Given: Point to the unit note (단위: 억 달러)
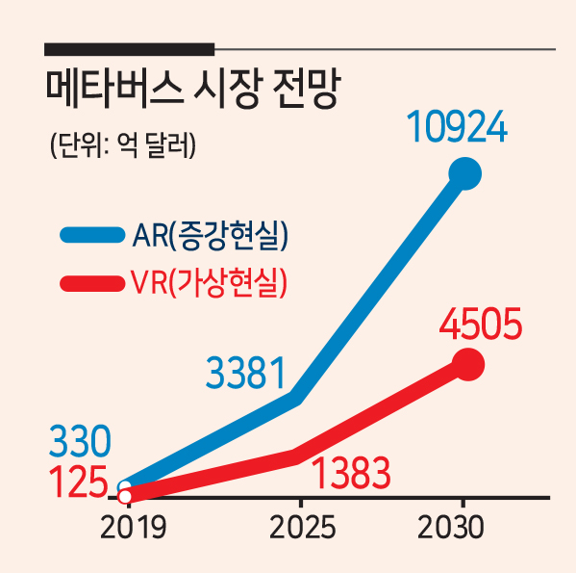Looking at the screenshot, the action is [123, 144].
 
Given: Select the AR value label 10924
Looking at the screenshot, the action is [457, 127].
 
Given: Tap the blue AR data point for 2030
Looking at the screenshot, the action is [465, 173].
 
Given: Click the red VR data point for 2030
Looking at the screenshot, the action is [468, 364].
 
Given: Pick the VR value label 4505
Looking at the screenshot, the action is [481, 324].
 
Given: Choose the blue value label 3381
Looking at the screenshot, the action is [245, 373].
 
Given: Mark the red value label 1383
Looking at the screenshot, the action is [350, 473].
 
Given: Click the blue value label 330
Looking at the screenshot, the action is [80, 441].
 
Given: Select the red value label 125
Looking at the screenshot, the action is [78, 482].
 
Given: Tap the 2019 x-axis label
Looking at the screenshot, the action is [133, 527].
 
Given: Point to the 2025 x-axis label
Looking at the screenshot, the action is [302, 527].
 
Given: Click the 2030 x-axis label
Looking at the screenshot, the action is [450, 527].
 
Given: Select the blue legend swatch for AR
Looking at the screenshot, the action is [92, 235].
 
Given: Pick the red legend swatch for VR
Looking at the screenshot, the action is [92, 283].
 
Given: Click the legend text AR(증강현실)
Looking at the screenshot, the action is [211, 235].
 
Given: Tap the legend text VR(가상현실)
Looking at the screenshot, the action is [209, 283].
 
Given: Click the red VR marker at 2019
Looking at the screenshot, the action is [125, 497].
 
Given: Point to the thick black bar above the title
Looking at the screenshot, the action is [129, 49].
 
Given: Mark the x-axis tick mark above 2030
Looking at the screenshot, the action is [464, 503].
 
